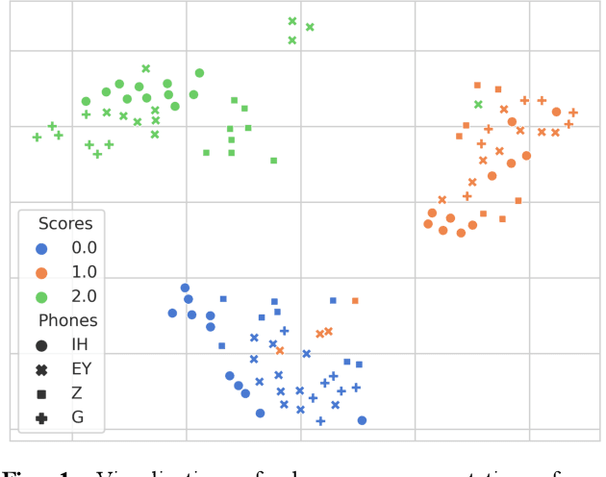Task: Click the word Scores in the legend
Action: (65, 223)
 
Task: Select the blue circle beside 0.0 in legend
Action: (41, 248)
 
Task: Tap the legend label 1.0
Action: (85, 272)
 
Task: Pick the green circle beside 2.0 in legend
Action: (41, 296)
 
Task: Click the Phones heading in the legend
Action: (67, 321)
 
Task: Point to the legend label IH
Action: (82, 345)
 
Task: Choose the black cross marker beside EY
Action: (41, 369)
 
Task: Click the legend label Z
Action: (77, 393)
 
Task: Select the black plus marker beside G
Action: (41, 417)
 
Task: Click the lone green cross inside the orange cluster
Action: (478, 104)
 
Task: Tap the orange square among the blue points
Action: (355, 301)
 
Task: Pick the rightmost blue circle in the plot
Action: (362, 420)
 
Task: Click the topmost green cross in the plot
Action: (292, 20)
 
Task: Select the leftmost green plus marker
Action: (37, 137)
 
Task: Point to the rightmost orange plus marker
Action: (573, 113)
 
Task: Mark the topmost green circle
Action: (199, 72)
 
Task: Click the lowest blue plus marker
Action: (320, 421)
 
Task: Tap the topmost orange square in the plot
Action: (477, 85)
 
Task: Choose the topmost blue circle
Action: (185, 288)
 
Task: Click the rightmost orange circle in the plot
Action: (556, 112)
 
